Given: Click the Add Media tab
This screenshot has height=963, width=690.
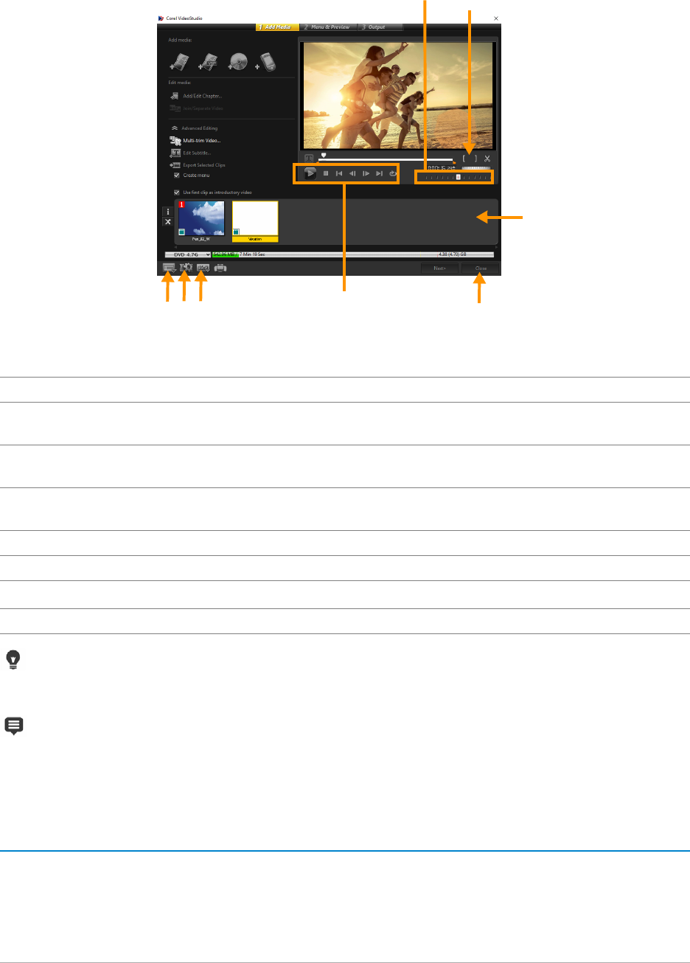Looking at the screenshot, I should click(x=277, y=27).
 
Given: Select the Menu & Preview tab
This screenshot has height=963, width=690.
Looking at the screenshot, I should click(x=327, y=27).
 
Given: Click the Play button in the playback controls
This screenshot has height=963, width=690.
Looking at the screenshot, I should click(x=310, y=174).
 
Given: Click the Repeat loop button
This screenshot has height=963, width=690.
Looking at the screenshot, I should click(x=393, y=174).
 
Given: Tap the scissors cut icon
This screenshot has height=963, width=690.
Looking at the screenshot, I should click(x=487, y=159).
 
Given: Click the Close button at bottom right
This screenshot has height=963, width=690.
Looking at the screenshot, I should click(x=481, y=268).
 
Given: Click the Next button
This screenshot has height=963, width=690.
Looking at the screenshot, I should click(x=439, y=268).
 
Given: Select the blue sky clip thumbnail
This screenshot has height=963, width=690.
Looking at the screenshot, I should click(x=201, y=219).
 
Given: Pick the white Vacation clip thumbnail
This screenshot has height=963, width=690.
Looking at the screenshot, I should click(x=255, y=219).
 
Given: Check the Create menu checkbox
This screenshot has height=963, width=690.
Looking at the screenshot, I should click(x=176, y=175).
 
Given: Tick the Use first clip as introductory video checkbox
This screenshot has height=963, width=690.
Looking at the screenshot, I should click(x=176, y=192).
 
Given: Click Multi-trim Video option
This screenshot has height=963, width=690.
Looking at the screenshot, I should click(x=201, y=140).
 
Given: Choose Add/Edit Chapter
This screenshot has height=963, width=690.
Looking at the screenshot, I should click(x=201, y=96).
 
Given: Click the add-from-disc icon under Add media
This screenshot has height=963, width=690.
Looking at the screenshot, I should click(x=237, y=62).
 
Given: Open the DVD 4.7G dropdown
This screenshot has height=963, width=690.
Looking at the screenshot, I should click(x=188, y=254).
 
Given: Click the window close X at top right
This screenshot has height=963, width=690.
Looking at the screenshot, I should click(x=495, y=17).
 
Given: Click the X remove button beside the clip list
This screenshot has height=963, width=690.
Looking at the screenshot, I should click(x=168, y=221).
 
